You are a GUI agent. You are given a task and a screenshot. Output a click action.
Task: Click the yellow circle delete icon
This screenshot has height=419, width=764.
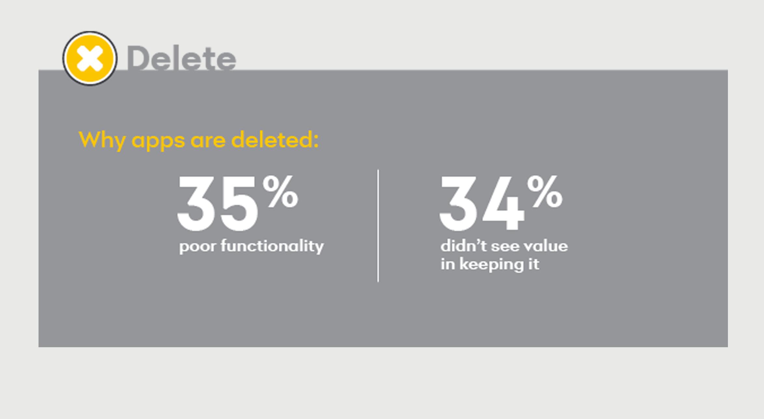90,58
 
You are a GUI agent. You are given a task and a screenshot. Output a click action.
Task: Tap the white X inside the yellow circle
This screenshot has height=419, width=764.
90,58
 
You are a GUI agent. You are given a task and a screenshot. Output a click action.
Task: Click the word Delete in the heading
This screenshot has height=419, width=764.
181,58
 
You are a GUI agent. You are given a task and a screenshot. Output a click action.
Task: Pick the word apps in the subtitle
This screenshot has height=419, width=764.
158,141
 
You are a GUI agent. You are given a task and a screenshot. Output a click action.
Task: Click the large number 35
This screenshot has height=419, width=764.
217,203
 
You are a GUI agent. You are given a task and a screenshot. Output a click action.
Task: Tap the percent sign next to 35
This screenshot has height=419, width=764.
280,191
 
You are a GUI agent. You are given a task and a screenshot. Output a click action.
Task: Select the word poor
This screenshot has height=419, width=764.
197,247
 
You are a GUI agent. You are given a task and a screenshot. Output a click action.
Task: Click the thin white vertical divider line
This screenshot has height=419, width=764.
378,225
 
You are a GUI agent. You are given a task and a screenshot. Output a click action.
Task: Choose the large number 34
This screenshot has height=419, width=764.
481,203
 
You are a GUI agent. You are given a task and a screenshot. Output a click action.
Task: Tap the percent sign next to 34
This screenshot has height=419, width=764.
545,191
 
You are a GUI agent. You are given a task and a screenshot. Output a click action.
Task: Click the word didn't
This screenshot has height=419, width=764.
464,246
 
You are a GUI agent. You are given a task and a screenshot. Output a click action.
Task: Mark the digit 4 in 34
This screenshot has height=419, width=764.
503,204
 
